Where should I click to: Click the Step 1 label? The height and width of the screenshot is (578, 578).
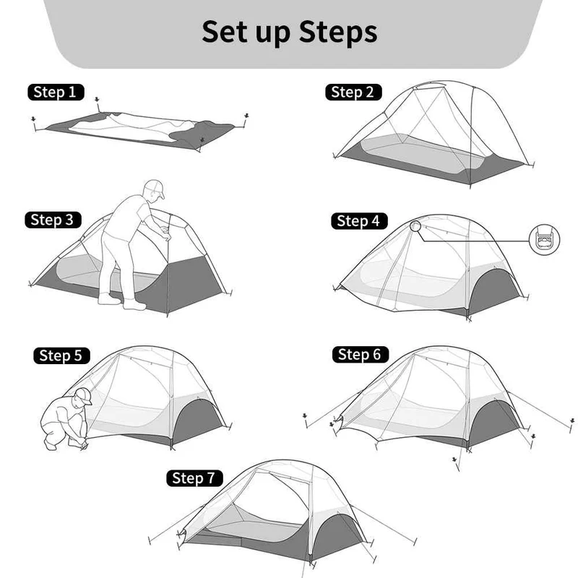[x=56, y=92]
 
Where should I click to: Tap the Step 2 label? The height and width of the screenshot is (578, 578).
[x=353, y=92]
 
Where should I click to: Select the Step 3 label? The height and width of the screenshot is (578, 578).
[x=53, y=220]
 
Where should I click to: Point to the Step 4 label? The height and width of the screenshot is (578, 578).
[x=359, y=221]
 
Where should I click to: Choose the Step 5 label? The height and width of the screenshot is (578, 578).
[x=61, y=355]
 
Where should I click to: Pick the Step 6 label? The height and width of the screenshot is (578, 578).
[x=360, y=355]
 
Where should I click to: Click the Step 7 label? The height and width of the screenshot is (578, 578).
[x=194, y=478]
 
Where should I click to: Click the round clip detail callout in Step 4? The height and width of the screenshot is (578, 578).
[x=544, y=240]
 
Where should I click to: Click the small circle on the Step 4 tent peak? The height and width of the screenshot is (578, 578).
[x=415, y=226]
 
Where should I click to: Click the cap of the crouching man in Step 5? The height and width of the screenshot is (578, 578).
[x=85, y=395]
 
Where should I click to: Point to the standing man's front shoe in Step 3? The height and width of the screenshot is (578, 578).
[x=134, y=305]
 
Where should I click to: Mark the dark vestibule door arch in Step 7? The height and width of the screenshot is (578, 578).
[x=337, y=535]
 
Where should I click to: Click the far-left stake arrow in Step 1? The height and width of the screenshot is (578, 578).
[x=33, y=119]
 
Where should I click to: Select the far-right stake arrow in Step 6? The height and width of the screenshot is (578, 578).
[x=572, y=420]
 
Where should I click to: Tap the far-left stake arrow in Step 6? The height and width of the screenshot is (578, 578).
[x=305, y=416]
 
